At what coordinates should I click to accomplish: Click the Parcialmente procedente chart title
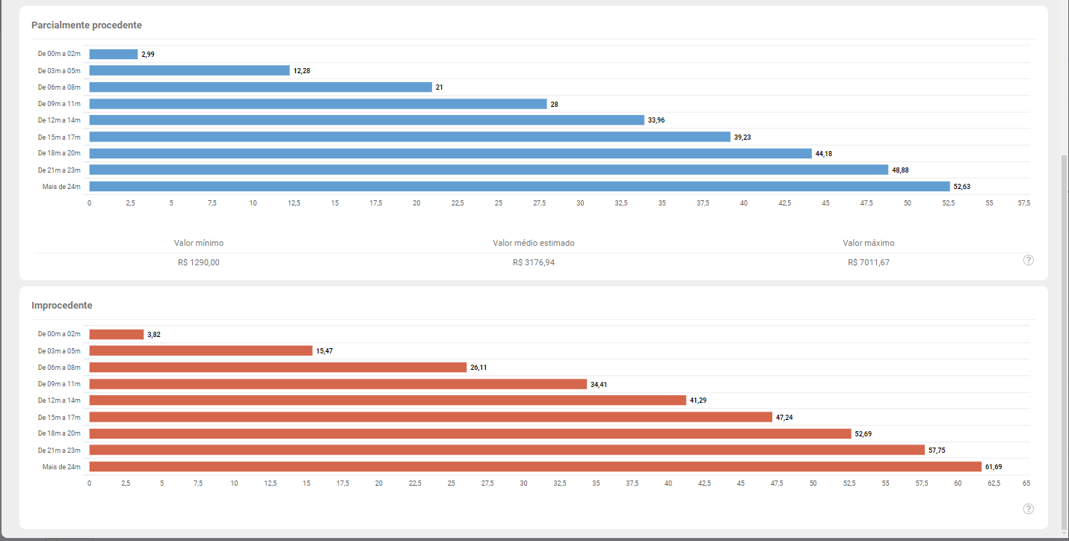click(x=87, y=25)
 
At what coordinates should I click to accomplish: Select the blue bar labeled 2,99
click(x=114, y=55)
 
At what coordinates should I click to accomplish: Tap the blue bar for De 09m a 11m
click(x=318, y=104)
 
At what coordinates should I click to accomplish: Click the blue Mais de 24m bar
click(x=520, y=186)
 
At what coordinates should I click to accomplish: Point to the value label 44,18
click(x=824, y=154)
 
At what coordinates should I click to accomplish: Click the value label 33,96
click(x=656, y=120)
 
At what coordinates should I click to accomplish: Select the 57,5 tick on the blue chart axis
click(x=1023, y=203)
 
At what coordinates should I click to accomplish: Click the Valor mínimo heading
click(x=199, y=244)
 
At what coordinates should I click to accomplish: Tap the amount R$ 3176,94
click(x=534, y=262)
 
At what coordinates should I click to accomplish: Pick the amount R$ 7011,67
click(x=869, y=262)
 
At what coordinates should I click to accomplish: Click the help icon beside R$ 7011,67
click(x=1029, y=260)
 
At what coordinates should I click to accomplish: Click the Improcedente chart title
click(x=62, y=306)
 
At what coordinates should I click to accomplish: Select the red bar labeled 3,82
click(x=117, y=335)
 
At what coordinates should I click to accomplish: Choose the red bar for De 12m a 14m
click(x=387, y=401)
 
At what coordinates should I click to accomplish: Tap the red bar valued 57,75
click(x=507, y=450)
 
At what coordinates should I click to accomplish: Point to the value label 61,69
click(x=993, y=467)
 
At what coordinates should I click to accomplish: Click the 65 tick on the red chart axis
click(x=1026, y=483)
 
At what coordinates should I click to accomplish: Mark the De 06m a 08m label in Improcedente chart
click(x=59, y=368)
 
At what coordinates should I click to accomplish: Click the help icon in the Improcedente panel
click(x=1029, y=509)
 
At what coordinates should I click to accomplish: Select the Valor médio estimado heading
click(x=534, y=244)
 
